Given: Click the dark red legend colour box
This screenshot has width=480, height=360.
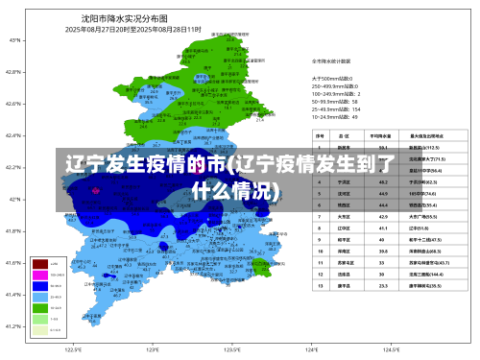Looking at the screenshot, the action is click(x=40, y=262).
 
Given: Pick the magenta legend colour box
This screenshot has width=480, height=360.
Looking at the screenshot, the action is click(x=40, y=274).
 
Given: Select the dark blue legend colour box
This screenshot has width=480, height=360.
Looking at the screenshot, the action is click(x=40, y=285).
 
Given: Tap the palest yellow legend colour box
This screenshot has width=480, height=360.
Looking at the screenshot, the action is click(x=40, y=329).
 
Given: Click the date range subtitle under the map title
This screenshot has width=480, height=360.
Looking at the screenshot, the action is click(x=132, y=29).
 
